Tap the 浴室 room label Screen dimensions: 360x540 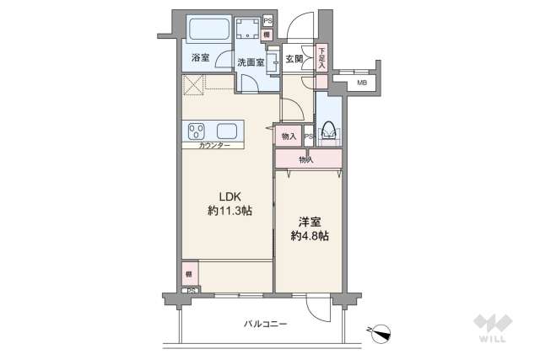[x=200, y=58]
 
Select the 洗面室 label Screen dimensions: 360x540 [x=250, y=62]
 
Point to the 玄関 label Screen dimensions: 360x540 [x=294, y=59]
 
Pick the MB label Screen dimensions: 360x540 [x=361, y=83]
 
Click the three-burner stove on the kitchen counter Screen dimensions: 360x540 [x=197, y=131]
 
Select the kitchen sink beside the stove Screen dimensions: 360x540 [x=227, y=131]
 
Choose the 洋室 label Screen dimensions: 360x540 [x=309, y=223]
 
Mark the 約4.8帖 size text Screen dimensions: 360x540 [x=309, y=236]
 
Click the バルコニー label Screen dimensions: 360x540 [x=267, y=324]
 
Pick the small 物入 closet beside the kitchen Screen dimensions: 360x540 [x=289, y=135]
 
